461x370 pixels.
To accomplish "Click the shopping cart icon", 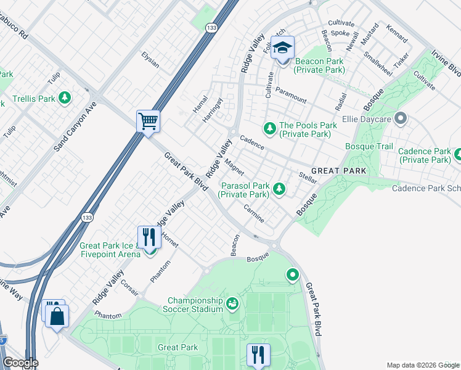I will [x=148, y=120].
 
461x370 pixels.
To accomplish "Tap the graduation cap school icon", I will [x=282, y=47].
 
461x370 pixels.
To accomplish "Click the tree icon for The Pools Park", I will [x=269, y=128].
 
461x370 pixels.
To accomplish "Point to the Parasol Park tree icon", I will [x=279, y=188].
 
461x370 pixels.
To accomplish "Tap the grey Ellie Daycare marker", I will [x=401, y=117].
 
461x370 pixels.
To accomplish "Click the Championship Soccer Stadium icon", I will [x=232, y=303].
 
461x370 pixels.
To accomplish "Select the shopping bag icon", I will [x=57, y=317].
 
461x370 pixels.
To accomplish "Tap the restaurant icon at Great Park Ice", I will [x=149, y=236].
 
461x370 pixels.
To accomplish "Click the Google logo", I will [x=20, y=362].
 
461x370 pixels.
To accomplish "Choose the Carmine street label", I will [x=254, y=213].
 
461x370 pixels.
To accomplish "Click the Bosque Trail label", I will [x=369, y=146].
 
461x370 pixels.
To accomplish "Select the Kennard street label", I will [x=396, y=35].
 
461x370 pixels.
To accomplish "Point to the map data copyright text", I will [x=422, y=365].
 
